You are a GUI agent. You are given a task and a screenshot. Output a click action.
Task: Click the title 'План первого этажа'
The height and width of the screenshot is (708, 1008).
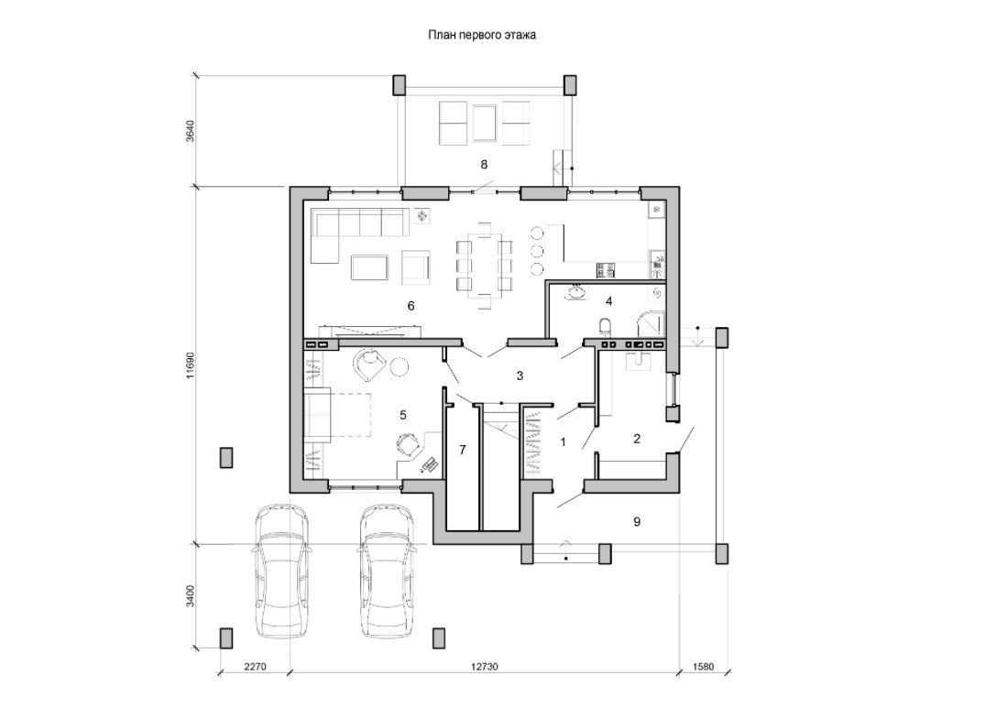482,36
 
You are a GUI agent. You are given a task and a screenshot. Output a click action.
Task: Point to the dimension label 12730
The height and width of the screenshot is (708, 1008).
484,666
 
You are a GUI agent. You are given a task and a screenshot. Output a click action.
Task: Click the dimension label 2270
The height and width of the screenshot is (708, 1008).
256,666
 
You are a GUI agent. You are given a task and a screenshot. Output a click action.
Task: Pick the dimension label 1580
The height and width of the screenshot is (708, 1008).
703,666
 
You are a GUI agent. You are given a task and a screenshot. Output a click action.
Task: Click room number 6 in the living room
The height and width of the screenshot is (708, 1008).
411,306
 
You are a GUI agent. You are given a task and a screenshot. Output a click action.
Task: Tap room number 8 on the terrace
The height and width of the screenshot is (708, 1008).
484,165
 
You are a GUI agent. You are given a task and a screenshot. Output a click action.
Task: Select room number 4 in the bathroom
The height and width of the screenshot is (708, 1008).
608,300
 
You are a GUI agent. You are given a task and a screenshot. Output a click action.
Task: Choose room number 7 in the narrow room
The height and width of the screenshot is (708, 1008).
462,450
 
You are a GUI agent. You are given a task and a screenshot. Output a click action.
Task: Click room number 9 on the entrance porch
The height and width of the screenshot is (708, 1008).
637,522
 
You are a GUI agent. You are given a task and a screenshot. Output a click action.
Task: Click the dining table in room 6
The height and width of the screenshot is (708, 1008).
484,265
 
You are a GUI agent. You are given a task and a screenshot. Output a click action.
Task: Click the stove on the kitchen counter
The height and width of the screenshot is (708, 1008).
606,270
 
